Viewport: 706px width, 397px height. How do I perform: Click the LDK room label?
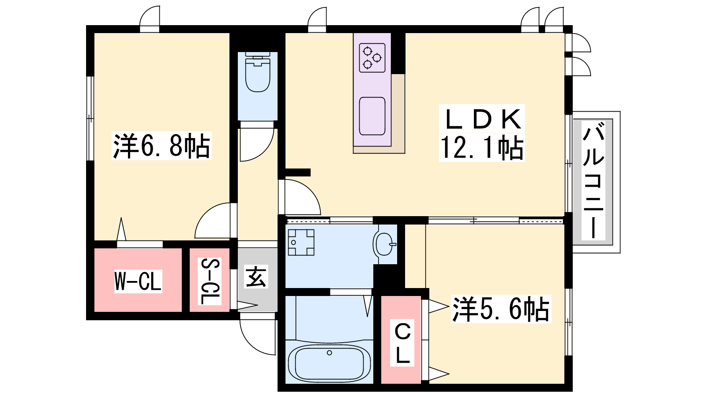(482, 119)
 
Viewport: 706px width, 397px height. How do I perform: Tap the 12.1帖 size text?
(482, 147)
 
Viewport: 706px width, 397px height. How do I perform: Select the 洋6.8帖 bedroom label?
(161, 146)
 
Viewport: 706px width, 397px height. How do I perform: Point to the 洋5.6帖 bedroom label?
(501, 309)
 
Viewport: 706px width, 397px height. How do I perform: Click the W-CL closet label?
(138, 281)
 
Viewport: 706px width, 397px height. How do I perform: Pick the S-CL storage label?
(210, 281)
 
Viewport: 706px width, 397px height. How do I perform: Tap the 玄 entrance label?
(256, 276)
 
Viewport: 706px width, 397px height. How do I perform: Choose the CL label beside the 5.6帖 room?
(402, 343)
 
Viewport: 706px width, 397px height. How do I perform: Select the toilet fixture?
(258, 72)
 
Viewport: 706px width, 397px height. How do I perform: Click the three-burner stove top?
(372, 58)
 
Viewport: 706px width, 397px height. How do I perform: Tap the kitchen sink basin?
(372, 116)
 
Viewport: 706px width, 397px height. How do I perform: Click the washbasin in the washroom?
(384, 244)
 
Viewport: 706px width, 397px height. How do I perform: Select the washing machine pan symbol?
(301, 242)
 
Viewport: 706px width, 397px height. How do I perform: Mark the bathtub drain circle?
(329, 352)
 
